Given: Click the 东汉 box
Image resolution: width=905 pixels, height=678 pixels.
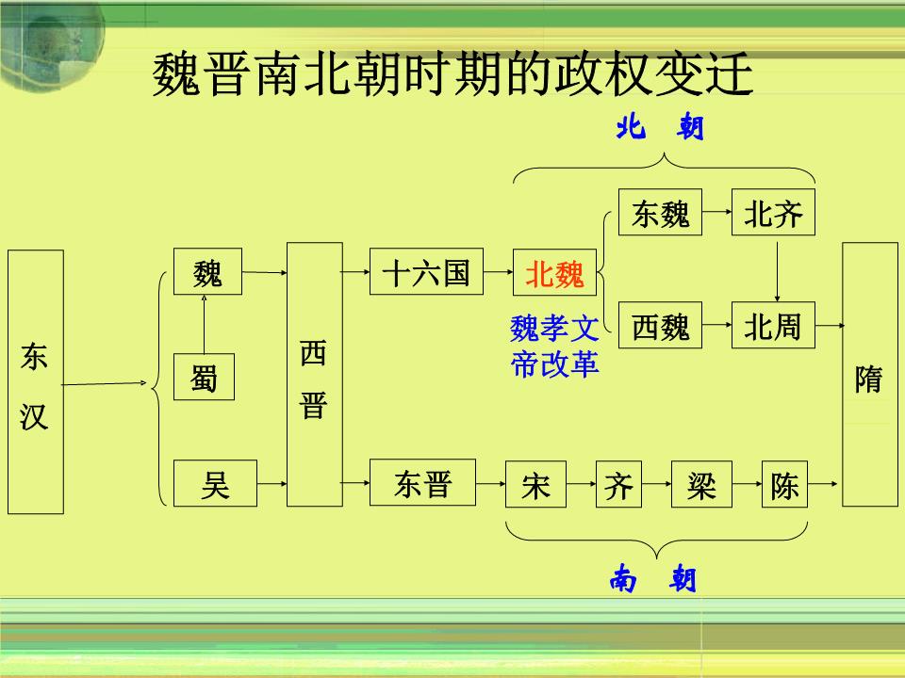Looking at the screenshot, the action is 36,381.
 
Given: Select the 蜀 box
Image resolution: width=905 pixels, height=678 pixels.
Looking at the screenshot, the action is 204,377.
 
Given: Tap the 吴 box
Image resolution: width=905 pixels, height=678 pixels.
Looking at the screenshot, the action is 215,483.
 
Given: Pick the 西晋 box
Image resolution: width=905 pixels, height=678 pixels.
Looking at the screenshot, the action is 315,374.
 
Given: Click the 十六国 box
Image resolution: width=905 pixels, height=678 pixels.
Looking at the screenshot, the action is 426,271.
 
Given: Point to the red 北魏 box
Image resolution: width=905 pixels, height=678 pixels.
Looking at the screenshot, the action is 554,272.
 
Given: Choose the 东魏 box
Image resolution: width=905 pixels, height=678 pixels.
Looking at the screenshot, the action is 660,212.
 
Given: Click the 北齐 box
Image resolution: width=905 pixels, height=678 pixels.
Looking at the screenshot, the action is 773,212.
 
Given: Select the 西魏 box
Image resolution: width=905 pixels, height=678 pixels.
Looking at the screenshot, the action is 660,325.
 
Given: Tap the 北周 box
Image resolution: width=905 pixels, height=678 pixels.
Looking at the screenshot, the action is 773,325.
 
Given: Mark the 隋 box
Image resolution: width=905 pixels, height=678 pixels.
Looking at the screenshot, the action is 870,374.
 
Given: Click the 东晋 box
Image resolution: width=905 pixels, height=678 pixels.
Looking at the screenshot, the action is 423,482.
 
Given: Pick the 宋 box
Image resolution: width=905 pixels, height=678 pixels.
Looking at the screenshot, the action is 535,484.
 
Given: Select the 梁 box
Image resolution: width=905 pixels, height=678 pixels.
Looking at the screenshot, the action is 701,484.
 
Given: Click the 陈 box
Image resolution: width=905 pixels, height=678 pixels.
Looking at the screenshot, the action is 784,484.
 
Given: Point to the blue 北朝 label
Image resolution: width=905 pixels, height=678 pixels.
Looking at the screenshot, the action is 660,126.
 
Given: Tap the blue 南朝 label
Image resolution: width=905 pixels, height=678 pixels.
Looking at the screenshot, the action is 652,578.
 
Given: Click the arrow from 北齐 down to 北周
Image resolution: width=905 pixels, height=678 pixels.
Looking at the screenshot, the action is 778,271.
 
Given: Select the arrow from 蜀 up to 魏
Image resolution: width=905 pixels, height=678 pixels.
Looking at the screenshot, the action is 204,324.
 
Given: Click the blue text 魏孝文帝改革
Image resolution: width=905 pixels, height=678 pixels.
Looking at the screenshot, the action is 554,346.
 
